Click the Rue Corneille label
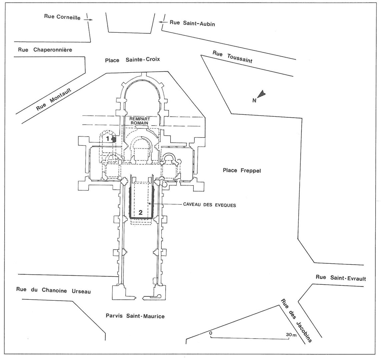pos(62,17)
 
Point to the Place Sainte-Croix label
pos(133,60)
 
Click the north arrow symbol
pos(262,94)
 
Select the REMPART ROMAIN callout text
pos(140,121)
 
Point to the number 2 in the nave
pos(141,212)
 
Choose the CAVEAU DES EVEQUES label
pos(209,205)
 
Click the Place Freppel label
pos(241,170)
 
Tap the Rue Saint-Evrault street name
pos(341,278)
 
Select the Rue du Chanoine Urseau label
pos(54,290)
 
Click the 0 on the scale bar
pos(211,333)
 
